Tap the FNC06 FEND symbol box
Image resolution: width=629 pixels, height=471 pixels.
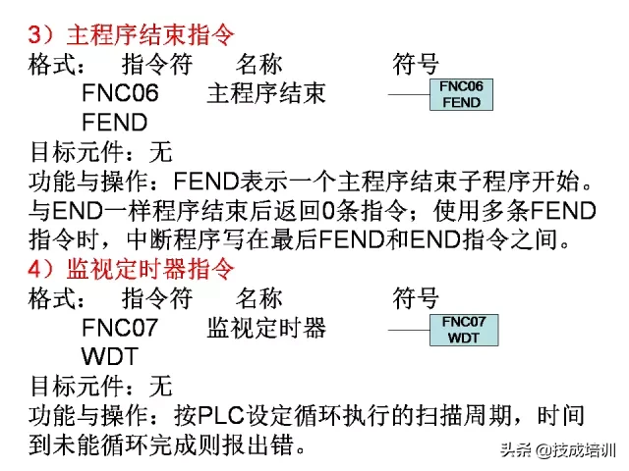click(x=461, y=95)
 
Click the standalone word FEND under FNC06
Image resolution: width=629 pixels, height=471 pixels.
click(x=115, y=124)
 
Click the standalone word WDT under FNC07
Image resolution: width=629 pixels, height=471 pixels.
click(x=109, y=355)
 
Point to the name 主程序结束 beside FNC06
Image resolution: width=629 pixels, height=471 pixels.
click(x=265, y=95)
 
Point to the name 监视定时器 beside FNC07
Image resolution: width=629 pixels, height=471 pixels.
click(x=266, y=328)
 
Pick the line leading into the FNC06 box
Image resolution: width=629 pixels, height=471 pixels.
click(x=406, y=95)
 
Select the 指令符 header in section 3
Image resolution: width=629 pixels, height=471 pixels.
click(x=156, y=66)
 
